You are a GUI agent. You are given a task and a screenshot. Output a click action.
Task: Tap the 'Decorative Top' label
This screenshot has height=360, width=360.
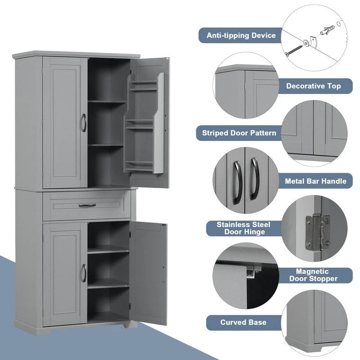(313, 85)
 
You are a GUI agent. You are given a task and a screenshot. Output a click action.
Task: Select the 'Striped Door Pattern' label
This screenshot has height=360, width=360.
(239, 133)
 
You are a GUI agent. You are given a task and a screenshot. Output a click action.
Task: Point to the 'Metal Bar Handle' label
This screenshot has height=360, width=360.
(316, 181)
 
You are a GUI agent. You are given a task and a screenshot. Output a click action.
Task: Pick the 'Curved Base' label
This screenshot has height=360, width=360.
(243, 322)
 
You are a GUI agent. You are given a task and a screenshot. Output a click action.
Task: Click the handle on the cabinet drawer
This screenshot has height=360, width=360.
(87, 205)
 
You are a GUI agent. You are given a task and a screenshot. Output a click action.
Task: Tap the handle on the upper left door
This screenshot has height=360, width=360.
(83, 123)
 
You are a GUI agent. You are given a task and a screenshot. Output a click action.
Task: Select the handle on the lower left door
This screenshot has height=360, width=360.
(83, 273)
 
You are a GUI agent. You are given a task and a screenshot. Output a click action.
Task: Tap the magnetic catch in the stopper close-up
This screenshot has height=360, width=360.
(252, 270)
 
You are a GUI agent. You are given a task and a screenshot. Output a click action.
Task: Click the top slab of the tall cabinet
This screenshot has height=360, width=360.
(76, 54)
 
